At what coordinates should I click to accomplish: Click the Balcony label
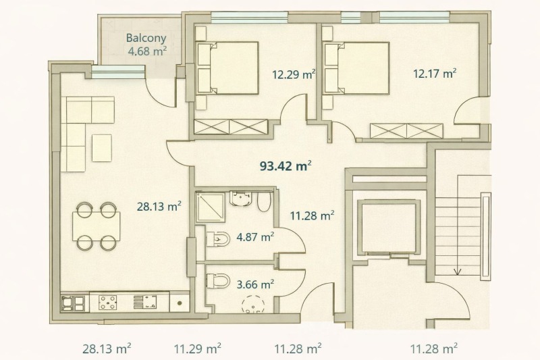point(146,38)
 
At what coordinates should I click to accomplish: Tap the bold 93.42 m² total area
point(286,166)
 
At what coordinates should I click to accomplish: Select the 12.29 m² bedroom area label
point(294,74)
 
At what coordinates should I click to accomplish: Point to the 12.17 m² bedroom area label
point(435,74)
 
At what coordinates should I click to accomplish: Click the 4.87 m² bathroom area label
point(255,237)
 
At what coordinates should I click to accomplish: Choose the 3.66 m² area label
point(255,284)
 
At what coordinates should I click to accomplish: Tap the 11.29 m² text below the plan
point(197,349)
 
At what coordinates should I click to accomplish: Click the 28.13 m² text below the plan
point(107,349)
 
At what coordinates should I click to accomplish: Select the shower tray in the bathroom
point(210,207)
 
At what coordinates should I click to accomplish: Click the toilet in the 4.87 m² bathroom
point(218,238)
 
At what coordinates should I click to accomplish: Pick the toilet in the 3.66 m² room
point(218,281)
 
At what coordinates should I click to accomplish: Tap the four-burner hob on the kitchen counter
point(107,303)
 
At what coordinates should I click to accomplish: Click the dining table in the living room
point(96,226)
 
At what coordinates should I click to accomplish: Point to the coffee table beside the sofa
point(102,148)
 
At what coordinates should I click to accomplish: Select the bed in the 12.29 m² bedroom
point(227,68)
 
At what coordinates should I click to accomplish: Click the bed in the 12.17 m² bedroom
point(357,68)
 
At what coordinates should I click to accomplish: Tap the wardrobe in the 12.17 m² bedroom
point(406,131)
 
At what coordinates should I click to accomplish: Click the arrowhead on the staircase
point(458,272)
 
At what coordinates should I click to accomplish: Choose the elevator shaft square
point(389,227)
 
